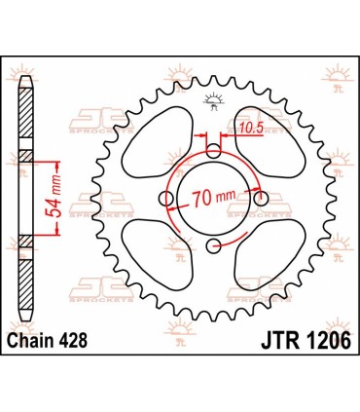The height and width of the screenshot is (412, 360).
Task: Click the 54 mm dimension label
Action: [55, 194]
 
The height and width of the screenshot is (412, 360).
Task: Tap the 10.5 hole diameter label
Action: [252, 128]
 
